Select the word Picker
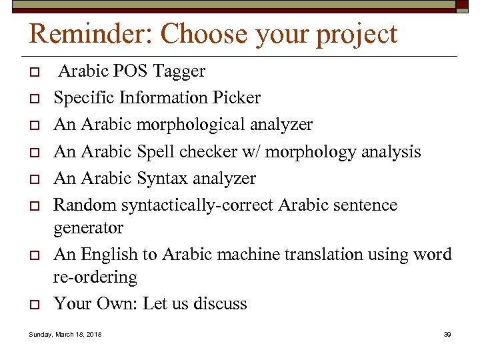[237, 98]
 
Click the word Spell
[156, 152]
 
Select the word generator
[88, 228]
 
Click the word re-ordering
[95, 277]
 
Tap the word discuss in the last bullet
[220, 304]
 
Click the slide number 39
[447, 334]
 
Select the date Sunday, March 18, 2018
[65, 334]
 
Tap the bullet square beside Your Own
[32, 305]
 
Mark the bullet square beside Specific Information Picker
[32, 99]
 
